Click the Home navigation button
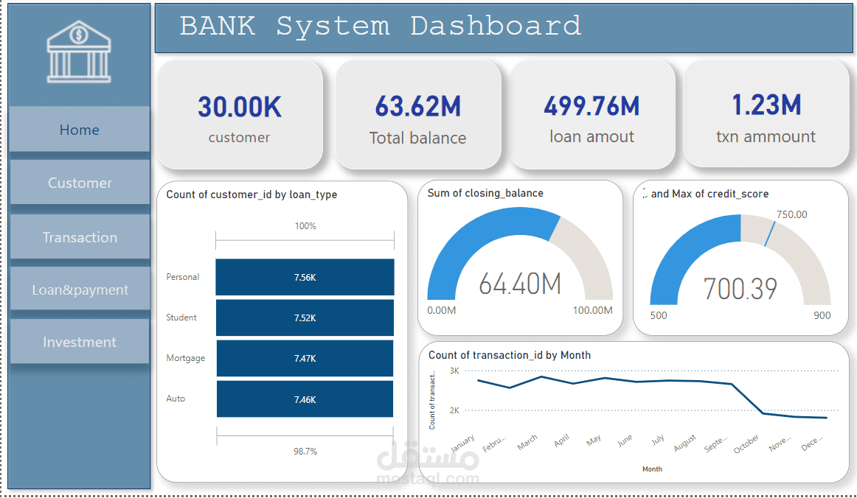pyautogui.click(x=80, y=130)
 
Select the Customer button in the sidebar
pyautogui.click(x=80, y=183)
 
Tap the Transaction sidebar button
pyautogui.click(x=80, y=237)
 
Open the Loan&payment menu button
pyautogui.click(x=80, y=290)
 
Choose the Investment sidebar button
pyautogui.click(x=80, y=342)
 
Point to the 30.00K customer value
pyautogui.click(x=240, y=108)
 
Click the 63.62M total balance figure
pyautogui.click(x=417, y=107)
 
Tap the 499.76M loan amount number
pyautogui.click(x=591, y=107)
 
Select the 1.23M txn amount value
pyautogui.click(x=766, y=105)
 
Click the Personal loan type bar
pyautogui.click(x=305, y=277)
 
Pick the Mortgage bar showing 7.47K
pyautogui.click(x=305, y=358)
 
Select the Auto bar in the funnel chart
pyautogui.click(x=305, y=399)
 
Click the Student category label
pyautogui.click(x=181, y=318)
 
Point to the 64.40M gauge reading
pyautogui.click(x=520, y=284)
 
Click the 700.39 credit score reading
pyautogui.click(x=740, y=289)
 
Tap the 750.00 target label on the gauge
pyautogui.click(x=791, y=214)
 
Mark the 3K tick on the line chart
pyautogui.click(x=454, y=371)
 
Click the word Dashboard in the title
pyautogui.click(x=496, y=27)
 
